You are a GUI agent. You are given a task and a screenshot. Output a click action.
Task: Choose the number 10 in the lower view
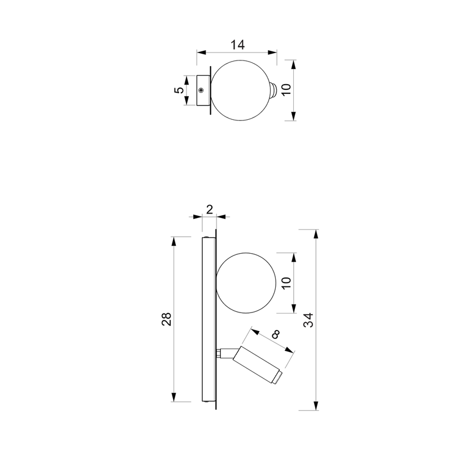(285, 282)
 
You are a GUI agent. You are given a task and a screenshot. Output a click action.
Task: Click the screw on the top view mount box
(201, 90)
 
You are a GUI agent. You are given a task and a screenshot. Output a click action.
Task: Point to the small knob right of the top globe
(273, 90)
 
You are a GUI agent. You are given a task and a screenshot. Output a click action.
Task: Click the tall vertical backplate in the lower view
(208, 319)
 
